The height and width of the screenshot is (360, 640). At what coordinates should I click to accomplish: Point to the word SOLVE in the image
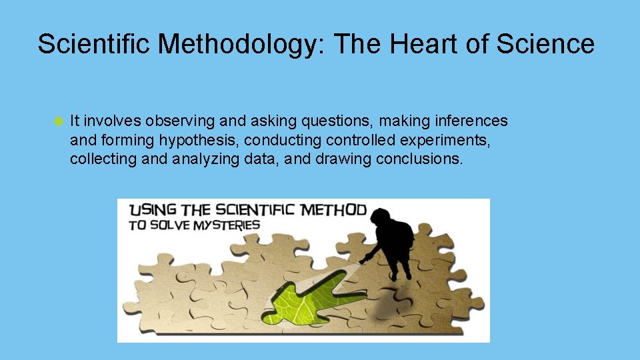pos(171,225)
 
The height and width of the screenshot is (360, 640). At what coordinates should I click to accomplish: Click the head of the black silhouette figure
pos(382,217)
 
